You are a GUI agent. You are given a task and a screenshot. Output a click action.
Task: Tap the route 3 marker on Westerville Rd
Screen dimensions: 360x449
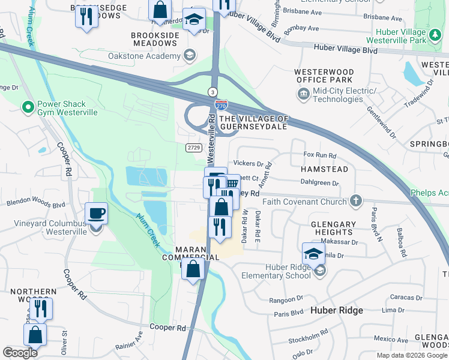212,91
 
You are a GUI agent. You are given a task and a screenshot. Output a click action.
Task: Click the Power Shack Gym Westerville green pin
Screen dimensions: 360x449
27,107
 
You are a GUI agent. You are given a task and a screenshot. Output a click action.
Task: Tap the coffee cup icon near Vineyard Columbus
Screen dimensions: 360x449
96,214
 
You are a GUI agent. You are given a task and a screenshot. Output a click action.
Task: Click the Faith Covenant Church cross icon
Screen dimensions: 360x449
357,201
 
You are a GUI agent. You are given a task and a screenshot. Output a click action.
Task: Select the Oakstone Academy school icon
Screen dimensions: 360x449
190,56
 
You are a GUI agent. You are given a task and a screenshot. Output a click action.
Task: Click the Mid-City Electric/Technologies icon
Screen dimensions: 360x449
302,94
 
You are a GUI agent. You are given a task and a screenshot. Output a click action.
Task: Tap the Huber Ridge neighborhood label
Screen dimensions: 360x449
337,310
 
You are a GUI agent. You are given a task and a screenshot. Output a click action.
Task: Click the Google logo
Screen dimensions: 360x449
20,353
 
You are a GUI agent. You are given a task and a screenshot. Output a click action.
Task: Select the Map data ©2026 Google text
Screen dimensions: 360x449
411,355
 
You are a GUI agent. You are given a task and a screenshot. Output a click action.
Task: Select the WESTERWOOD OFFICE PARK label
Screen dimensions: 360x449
324,76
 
